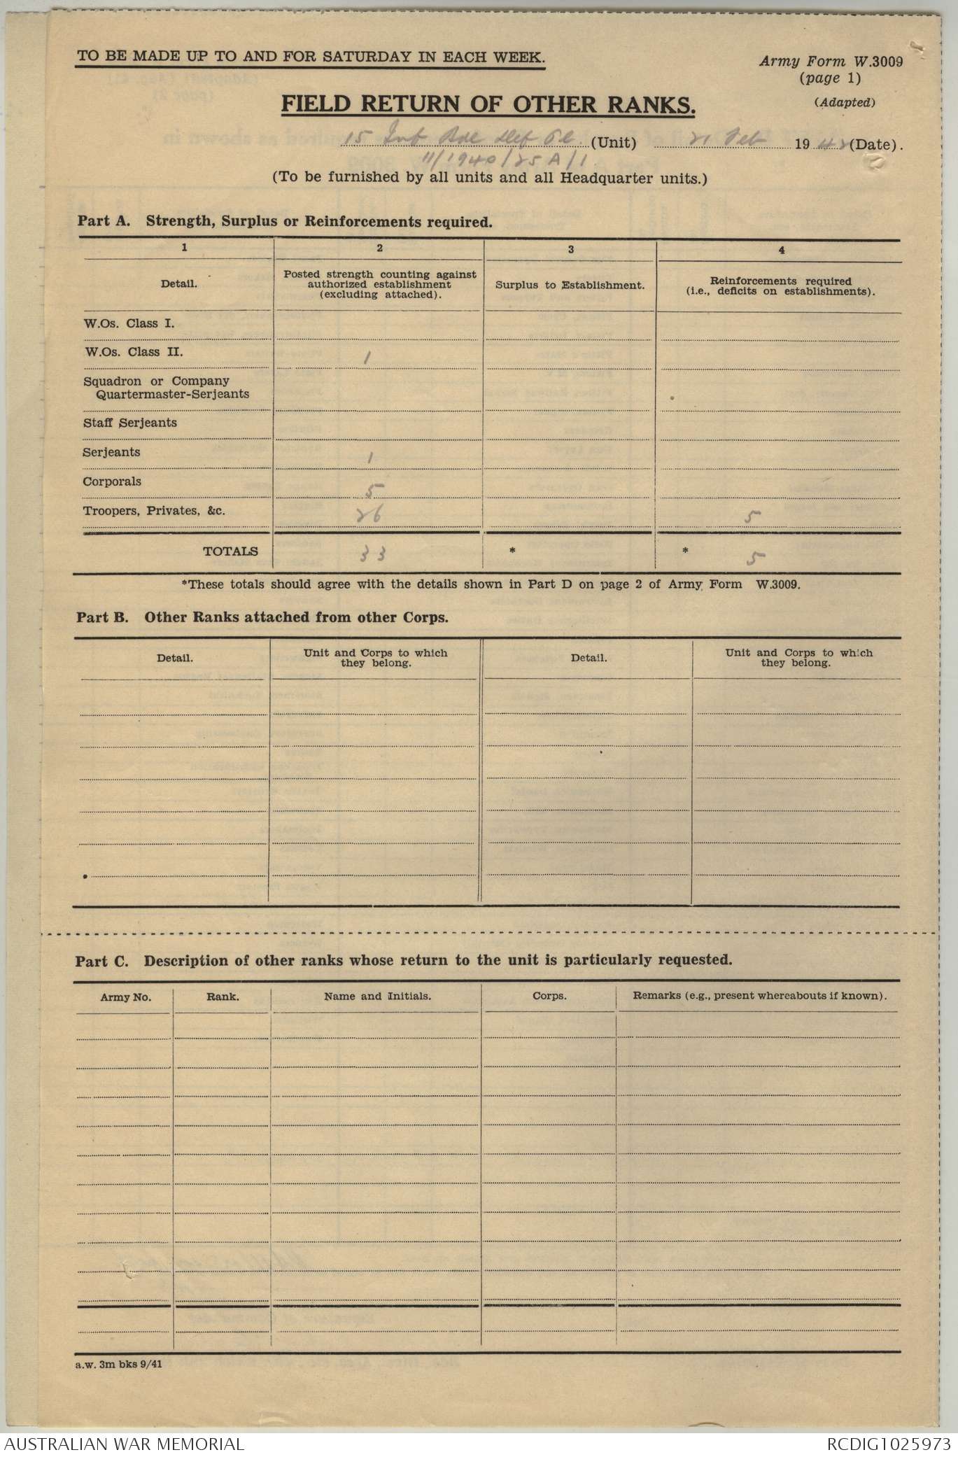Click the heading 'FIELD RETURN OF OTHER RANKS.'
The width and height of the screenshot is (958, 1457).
[488, 104]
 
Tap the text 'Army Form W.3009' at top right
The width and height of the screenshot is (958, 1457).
[831, 61]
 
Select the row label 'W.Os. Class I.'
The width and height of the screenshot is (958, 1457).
[129, 323]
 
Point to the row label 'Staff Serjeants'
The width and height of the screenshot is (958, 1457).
[130, 423]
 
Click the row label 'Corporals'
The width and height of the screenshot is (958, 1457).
[112, 481]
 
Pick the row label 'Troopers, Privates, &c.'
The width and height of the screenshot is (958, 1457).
[154, 511]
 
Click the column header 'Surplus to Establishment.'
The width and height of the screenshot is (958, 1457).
[570, 286]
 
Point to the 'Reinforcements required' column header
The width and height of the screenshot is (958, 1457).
[780, 281]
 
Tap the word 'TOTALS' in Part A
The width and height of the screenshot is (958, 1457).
[230, 551]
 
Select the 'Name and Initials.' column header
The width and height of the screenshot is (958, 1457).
[377, 996]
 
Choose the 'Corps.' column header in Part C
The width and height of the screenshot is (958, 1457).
[549, 996]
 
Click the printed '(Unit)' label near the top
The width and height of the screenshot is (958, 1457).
[613, 144]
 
